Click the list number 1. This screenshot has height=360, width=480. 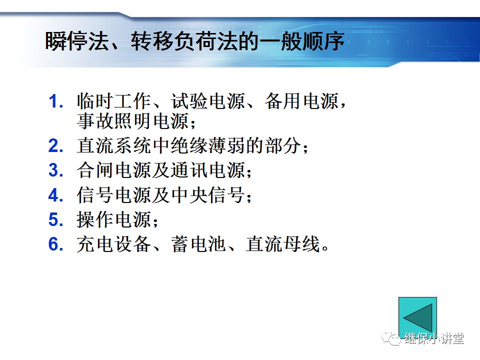tap(55, 102)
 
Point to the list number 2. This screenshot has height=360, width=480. tap(55, 146)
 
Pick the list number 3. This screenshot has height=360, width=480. tap(55, 170)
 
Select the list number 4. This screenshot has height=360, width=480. tap(55, 195)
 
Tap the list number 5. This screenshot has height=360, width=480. tap(55, 219)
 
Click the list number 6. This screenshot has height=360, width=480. tap(55, 244)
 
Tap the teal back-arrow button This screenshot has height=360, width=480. tap(417, 317)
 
